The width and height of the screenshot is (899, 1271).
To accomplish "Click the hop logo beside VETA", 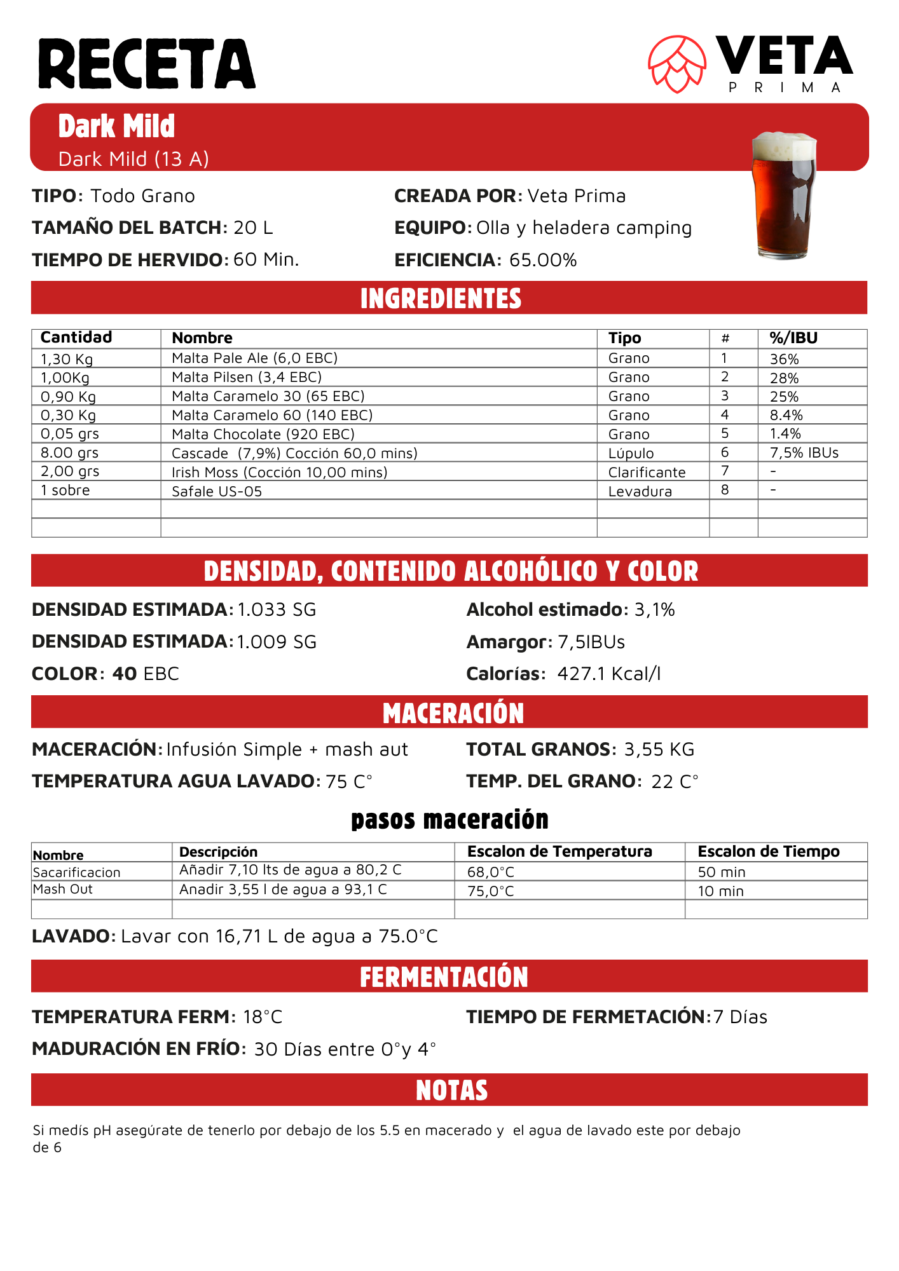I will (677, 64).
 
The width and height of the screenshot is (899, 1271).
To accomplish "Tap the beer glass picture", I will (783, 196).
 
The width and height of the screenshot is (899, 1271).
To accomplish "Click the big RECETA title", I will (147, 64).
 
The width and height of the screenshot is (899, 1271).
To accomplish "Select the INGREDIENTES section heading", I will (441, 299).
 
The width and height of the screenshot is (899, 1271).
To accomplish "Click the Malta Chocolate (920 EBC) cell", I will (263, 434).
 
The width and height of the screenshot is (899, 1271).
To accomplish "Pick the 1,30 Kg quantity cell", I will (67, 359).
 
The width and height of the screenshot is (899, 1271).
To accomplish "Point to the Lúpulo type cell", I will (631, 453).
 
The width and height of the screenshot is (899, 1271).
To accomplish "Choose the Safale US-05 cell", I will (217, 491).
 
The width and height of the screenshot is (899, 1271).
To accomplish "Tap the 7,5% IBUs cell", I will (804, 452).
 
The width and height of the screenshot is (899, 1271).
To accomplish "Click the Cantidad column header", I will (76, 337).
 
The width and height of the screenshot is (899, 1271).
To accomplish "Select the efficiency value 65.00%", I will (543, 260).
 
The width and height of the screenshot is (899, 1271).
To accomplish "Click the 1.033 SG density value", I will (277, 609).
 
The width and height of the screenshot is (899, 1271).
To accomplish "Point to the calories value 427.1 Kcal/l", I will (609, 674).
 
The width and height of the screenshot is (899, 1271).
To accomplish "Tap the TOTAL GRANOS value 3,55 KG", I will (659, 749).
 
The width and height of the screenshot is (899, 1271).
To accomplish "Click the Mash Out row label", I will (63, 889).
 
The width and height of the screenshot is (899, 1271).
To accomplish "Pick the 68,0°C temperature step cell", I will (491, 872).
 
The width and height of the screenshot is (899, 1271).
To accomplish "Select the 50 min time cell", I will (722, 872).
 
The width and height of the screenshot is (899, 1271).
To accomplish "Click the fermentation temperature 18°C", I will (263, 1017).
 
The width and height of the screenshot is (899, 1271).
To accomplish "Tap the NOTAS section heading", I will (451, 1091).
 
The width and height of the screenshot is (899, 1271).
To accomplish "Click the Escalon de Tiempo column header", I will (769, 852).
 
